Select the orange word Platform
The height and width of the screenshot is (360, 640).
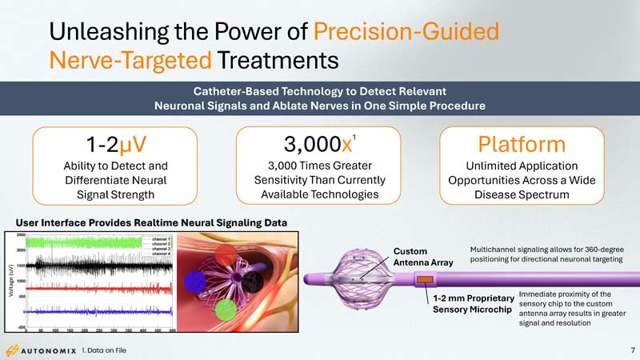click(x=521, y=146)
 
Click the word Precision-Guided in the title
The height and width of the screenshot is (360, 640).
click(x=406, y=32)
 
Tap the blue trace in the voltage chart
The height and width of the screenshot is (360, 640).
click(x=96, y=310)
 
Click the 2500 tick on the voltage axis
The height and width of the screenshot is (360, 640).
click(x=20, y=235)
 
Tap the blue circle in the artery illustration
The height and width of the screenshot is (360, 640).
click(x=196, y=282)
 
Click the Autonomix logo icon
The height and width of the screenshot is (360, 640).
click(x=13, y=350)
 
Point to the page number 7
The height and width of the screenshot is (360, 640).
click(x=631, y=350)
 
